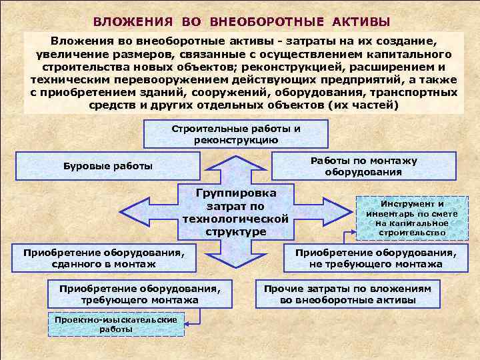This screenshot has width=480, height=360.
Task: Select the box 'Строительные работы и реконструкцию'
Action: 236,134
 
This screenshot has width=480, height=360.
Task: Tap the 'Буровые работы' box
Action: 107,166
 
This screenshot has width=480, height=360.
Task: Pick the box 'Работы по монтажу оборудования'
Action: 363,166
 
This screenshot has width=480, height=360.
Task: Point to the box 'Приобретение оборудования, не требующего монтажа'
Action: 376,258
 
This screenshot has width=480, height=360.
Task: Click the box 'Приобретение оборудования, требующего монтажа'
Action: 139,294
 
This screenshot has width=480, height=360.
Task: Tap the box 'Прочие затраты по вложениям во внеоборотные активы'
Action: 347,294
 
